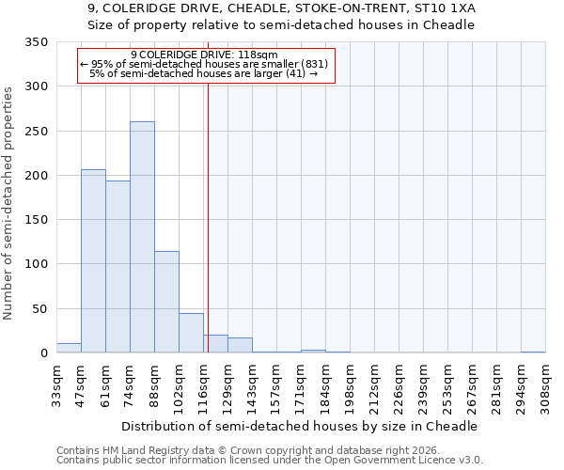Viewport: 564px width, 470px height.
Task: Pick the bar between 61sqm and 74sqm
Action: pyautogui.click(x=117, y=267)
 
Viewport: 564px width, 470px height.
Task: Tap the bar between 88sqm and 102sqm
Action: pyautogui.click(x=166, y=302)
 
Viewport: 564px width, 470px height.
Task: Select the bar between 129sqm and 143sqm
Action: pyautogui.click(x=240, y=345)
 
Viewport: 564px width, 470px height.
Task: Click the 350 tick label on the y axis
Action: pyautogui.click(x=36, y=42)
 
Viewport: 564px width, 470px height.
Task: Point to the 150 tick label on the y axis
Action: pyautogui.click(x=36, y=220)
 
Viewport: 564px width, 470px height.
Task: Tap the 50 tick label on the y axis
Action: pyautogui.click(x=39, y=308)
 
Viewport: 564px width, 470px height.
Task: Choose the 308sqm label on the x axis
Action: pyautogui.click(x=545, y=385)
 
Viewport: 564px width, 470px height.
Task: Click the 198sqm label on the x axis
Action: pyautogui.click(x=350, y=385)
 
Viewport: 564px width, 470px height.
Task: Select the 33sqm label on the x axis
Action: pyautogui.click(x=56, y=385)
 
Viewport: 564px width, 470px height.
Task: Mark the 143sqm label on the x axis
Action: pyautogui.click(x=252, y=385)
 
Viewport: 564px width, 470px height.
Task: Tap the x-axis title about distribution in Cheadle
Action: pyautogui.click(x=300, y=426)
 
